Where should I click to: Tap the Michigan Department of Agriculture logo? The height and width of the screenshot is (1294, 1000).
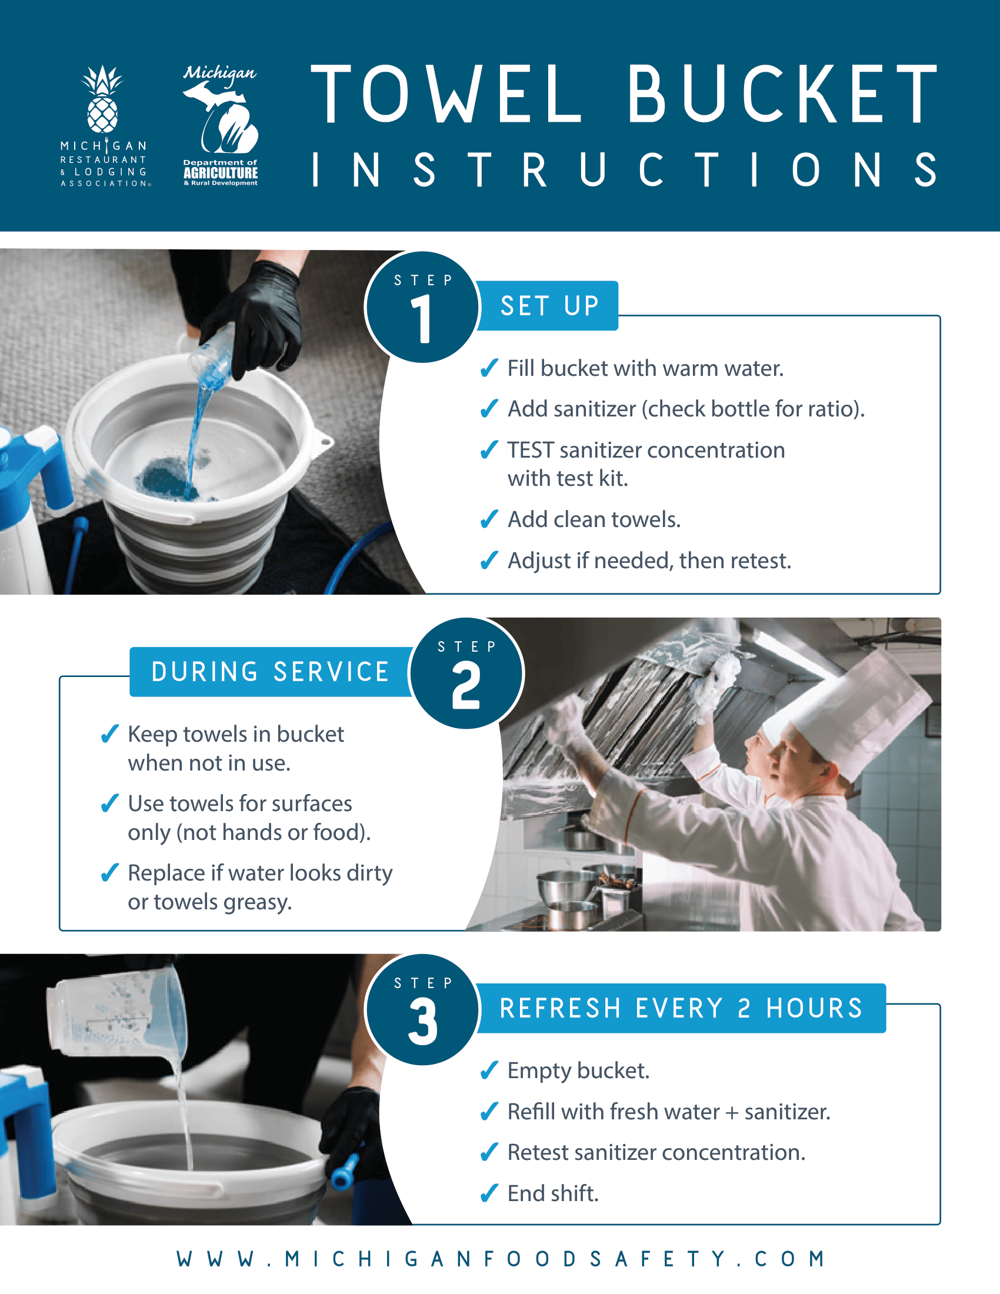[x=221, y=126]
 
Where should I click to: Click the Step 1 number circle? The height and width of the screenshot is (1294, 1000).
[x=422, y=307]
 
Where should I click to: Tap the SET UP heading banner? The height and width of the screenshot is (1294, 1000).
[x=549, y=306]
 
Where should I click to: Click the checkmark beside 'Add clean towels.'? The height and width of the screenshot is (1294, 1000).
[x=489, y=519]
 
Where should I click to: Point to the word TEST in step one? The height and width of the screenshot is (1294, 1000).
[x=530, y=451]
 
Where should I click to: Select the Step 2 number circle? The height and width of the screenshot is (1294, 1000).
[x=466, y=673]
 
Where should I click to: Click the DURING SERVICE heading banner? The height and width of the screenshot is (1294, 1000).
[x=270, y=672]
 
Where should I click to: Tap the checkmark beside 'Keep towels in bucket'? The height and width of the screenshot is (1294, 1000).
[x=109, y=734]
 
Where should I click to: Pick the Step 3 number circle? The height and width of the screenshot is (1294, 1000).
[x=422, y=1009]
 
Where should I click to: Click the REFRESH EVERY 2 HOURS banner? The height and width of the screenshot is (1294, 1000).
[x=681, y=1008]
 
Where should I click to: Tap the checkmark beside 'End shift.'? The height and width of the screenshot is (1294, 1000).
[x=489, y=1193]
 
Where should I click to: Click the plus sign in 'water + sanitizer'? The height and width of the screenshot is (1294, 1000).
[x=732, y=1113]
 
